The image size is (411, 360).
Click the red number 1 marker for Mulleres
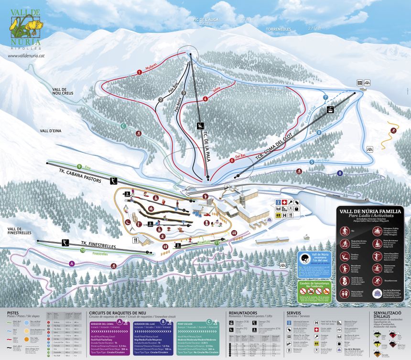[139, 72]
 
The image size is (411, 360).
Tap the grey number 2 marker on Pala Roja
[161, 100]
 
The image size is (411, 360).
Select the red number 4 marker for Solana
[205, 99]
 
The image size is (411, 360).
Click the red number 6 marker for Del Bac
[232, 160]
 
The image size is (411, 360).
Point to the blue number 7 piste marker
[325, 97]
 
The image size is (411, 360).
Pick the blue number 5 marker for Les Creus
[312, 162]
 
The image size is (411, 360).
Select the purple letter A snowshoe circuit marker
[72, 263]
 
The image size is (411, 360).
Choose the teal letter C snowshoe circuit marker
[123, 126]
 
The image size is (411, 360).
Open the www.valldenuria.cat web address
[27, 55]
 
